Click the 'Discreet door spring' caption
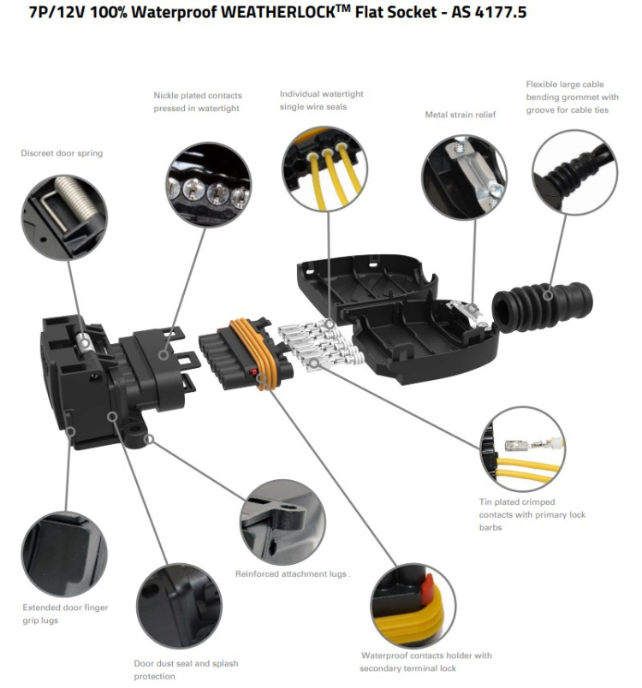(62, 153)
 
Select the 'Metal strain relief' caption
(461, 115)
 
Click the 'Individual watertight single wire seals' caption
(321, 100)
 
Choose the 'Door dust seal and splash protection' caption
(186, 669)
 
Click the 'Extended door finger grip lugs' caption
(65, 614)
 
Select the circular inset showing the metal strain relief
(463, 177)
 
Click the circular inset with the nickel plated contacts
(209, 183)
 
